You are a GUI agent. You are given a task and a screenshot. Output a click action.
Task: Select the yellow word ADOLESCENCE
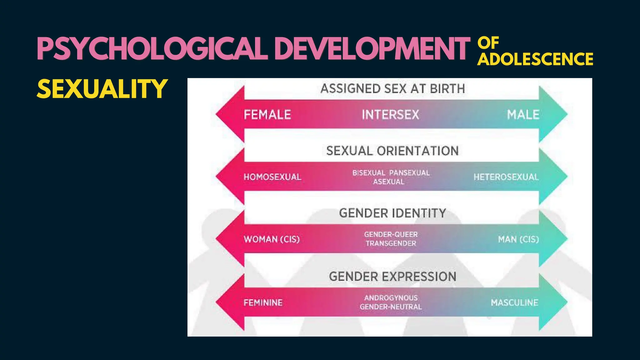tap(535, 59)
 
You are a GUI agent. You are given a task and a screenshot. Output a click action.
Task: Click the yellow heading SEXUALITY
tap(102, 89)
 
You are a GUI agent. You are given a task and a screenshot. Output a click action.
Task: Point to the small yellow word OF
tap(488, 43)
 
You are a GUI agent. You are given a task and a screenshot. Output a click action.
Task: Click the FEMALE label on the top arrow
tap(267, 115)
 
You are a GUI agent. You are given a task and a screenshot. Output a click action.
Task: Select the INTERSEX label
tap(390, 115)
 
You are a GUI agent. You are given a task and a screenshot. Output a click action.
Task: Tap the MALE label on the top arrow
tap(523, 115)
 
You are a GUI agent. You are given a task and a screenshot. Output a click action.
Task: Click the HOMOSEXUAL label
tap(272, 177)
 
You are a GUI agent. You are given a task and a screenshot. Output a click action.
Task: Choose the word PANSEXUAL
tap(409, 173)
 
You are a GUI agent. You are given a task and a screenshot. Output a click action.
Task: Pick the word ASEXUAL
tap(388, 182)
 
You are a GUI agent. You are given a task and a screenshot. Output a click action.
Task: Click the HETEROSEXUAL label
tap(506, 177)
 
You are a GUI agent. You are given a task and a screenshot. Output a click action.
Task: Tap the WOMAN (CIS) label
tap(272, 239)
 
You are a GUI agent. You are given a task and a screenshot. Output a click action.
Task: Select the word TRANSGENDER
tap(391, 243)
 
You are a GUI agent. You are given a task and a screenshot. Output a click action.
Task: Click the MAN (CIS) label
tap(518, 239)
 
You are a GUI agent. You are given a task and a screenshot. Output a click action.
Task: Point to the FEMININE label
tap(263, 302)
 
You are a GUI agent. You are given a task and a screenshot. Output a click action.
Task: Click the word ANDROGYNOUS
tap(391, 298)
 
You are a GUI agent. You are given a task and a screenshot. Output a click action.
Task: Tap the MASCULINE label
tap(514, 302)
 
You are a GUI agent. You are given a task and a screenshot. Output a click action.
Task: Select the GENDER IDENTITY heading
tap(392, 213)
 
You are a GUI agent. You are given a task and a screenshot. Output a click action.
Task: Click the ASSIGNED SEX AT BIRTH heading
tap(392, 89)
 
